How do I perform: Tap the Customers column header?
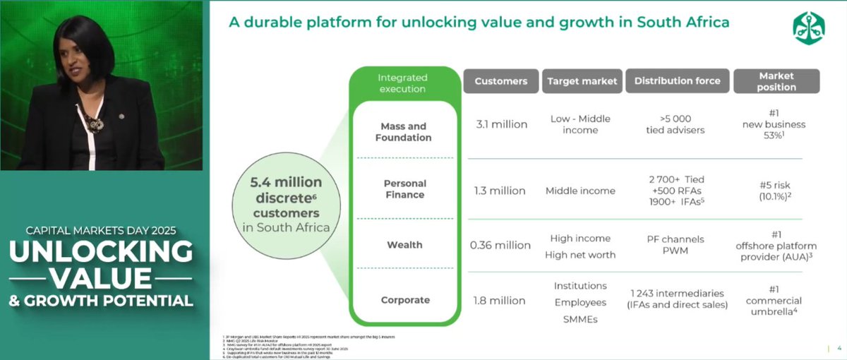pos(500,81)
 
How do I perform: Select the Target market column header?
pos(582,81)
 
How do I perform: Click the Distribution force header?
pos(677,81)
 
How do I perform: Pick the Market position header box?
pos(776,81)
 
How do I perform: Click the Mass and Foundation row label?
pos(405,131)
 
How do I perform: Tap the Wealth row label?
pos(405,245)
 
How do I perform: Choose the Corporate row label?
pos(405,300)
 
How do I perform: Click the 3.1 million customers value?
pos(500,124)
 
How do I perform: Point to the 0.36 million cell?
pos(500,245)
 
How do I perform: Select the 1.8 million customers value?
pos(500,300)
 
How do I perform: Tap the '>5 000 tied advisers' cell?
pos(677,124)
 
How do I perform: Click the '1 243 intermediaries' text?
pos(677,294)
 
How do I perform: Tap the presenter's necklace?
pos(93,124)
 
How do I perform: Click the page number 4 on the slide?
pos(838,349)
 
